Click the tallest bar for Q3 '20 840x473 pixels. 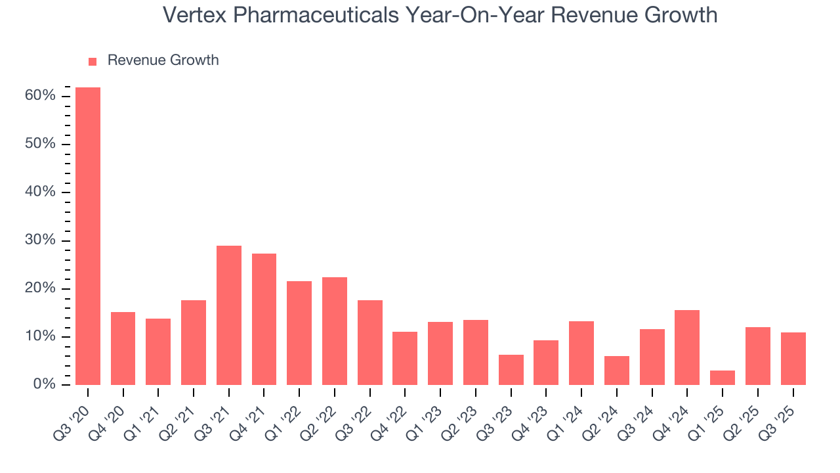pos(88,236)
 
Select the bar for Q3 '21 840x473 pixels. pos(229,315)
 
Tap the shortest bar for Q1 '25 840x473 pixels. pos(723,378)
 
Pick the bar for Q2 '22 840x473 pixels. pos(335,331)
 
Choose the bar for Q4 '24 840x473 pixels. pos(687,348)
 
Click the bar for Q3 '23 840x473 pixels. pos(511,370)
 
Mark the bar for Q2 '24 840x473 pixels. pos(617,371)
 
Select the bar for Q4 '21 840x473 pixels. pos(264,319)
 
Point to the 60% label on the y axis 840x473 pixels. pos(39,96)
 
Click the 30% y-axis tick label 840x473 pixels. pos(39,240)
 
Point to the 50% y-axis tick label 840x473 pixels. pos(39,144)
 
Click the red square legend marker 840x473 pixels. pos(93,61)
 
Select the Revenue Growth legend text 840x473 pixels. pos(163,60)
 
